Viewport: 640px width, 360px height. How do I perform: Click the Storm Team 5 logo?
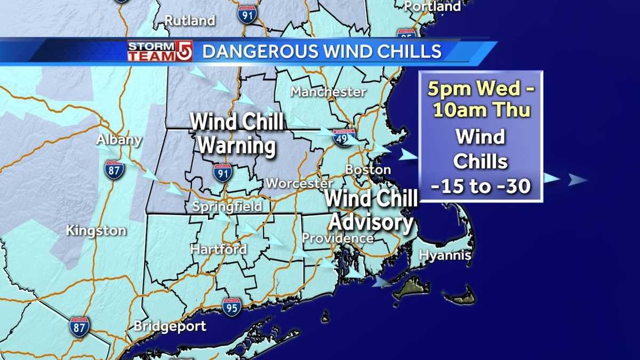coord(159,51)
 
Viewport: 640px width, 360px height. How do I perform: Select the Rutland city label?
coord(189,21)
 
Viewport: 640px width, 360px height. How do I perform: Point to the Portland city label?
coord(433,6)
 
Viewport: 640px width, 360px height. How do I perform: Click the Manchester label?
coord(328,92)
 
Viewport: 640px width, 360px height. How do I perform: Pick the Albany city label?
coord(119,140)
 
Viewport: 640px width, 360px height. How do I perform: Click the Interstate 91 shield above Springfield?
coord(222,173)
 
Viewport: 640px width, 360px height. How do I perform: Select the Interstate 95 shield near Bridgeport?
coord(232,307)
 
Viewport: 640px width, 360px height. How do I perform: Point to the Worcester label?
coord(299,183)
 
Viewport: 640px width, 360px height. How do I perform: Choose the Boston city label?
coord(368,170)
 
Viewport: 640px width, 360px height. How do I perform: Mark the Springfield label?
coord(227,206)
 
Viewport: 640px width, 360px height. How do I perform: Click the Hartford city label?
coord(219,249)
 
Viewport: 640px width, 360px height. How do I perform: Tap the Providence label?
coord(338,238)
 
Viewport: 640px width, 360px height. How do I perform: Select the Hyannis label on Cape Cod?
coord(445,255)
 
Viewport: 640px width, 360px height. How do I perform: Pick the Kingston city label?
coord(96,230)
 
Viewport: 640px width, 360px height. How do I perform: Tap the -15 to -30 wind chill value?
coord(481,187)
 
